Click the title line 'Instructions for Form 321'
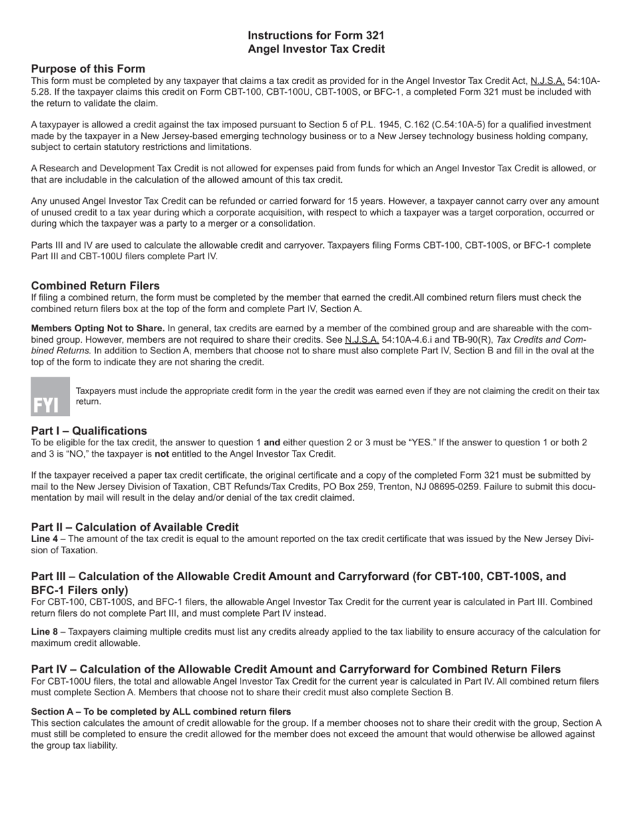(x=316, y=35)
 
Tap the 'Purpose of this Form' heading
(x=88, y=69)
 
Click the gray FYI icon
(x=50, y=397)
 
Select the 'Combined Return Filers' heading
(x=95, y=285)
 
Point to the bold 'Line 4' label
(x=44, y=539)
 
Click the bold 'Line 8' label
(x=44, y=631)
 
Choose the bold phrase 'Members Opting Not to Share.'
(x=98, y=328)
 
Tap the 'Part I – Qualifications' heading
(x=89, y=430)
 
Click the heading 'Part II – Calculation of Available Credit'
(x=135, y=527)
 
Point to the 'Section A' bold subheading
(x=52, y=711)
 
